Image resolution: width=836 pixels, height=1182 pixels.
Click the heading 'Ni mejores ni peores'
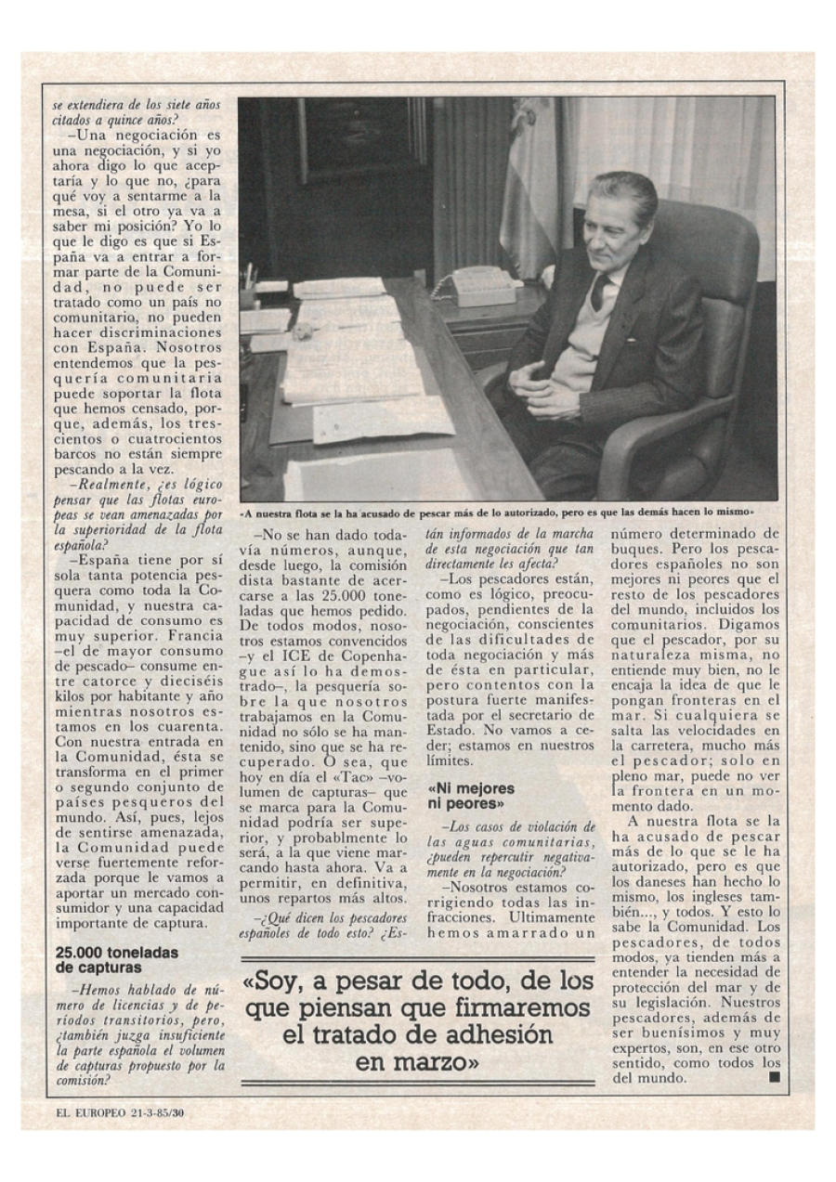pyautogui.click(x=471, y=796)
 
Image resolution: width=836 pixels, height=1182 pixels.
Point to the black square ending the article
pyautogui.click(x=774, y=1078)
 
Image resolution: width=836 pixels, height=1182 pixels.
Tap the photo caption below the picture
pyautogui.click(x=508, y=512)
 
